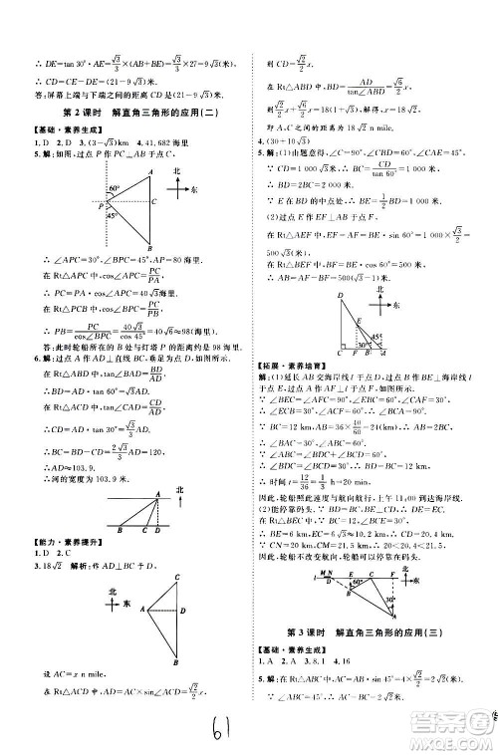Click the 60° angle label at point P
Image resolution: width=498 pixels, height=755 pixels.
click(114, 188)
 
